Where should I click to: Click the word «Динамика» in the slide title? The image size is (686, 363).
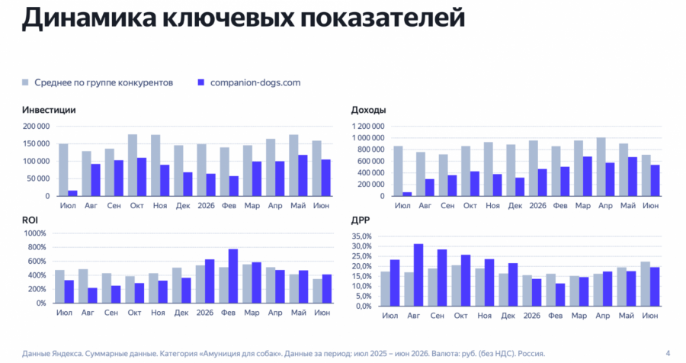tap(89, 18)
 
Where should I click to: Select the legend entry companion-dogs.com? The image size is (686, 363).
tap(249, 82)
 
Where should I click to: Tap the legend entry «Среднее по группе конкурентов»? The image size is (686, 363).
tap(98, 82)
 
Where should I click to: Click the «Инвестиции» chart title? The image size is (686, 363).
tap(49, 110)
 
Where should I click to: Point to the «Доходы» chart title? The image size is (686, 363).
tap(368, 111)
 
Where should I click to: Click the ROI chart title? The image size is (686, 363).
tap(30, 220)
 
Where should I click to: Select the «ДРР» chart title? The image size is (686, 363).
tap(361, 220)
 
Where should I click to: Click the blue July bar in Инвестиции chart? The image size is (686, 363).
tap(72, 193)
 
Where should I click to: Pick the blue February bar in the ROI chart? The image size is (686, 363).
tap(233, 276)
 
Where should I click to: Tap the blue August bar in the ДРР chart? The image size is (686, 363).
tap(418, 275)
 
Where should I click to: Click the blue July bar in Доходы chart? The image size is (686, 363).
tap(407, 194)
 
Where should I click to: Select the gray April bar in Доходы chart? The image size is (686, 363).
tap(601, 167)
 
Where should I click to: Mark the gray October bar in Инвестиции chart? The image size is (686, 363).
tap(133, 165)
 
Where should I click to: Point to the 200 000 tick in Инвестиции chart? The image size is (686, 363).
tap(36, 126)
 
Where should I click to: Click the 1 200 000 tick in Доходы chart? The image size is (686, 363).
tap(368, 126)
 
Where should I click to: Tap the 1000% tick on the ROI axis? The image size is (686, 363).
tap(35, 233)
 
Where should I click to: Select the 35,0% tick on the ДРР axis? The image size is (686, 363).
tap(361, 236)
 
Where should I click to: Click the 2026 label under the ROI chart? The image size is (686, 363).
tap(205, 313)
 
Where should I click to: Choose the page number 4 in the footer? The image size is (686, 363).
tap(668, 353)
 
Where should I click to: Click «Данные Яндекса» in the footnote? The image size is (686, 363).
tap(52, 353)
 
